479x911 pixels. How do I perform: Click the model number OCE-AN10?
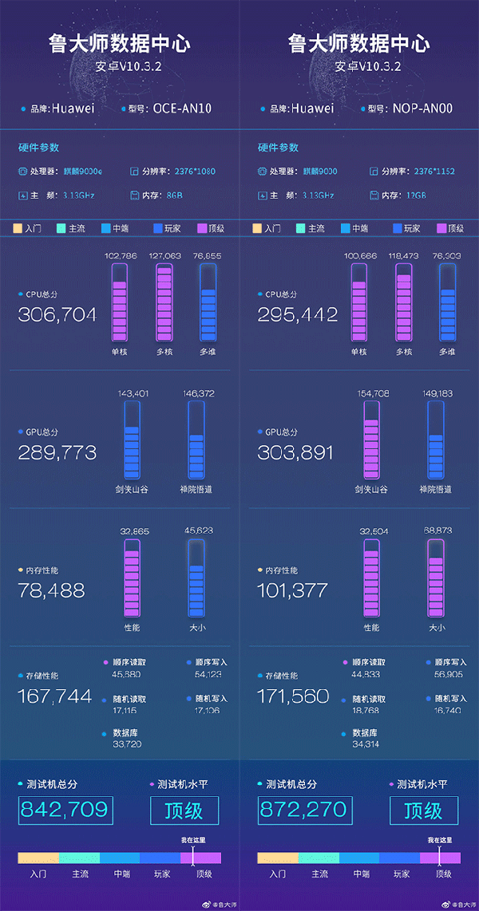tap(182, 108)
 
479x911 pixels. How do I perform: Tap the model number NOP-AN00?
tap(422, 108)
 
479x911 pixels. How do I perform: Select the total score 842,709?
tap(64, 810)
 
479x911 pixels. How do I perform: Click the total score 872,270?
tap(303, 810)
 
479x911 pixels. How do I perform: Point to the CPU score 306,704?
tap(57, 314)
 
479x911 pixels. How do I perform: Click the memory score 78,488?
tap(51, 590)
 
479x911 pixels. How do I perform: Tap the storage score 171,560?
tap(295, 696)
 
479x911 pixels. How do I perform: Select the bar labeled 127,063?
tap(164, 303)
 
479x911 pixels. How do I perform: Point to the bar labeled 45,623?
tap(196, 578)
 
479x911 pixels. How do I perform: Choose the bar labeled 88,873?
tap(435, 578)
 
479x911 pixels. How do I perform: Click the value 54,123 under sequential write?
tap(208, 675)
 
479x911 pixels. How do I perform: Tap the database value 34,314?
tap(366, 744)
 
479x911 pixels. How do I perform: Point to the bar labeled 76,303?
tap(447, 303)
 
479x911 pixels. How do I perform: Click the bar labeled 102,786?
tap(120, 303)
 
